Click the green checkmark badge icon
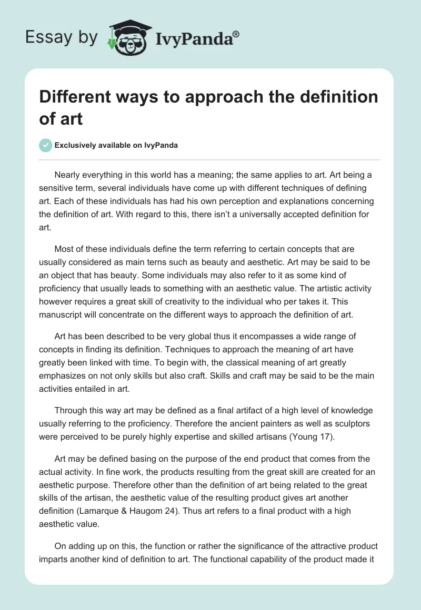[x=46, y=145]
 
